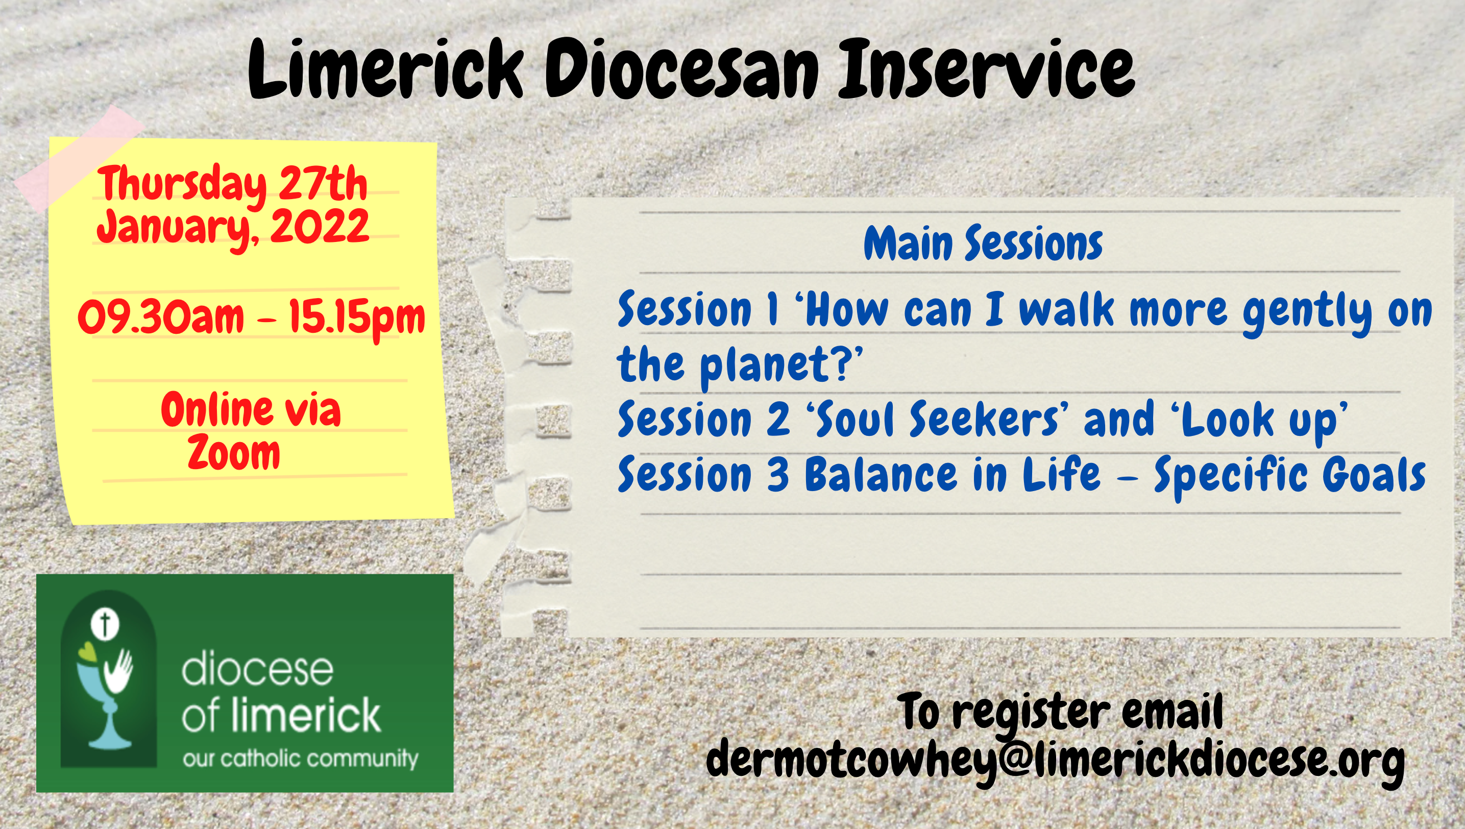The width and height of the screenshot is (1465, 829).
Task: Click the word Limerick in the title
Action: pos(385,69)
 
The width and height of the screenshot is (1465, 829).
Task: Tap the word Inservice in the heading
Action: pos(986,69)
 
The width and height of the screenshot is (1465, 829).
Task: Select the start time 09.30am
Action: pos(161,316)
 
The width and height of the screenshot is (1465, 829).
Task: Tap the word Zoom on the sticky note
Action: pos(234,454)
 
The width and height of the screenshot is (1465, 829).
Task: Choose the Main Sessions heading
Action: pos(983,243)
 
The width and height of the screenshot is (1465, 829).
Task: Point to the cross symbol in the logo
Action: pos(105,625)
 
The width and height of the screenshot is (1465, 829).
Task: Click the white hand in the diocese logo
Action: pos(118,672)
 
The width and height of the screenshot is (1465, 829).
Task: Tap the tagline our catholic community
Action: pos(301,759)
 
